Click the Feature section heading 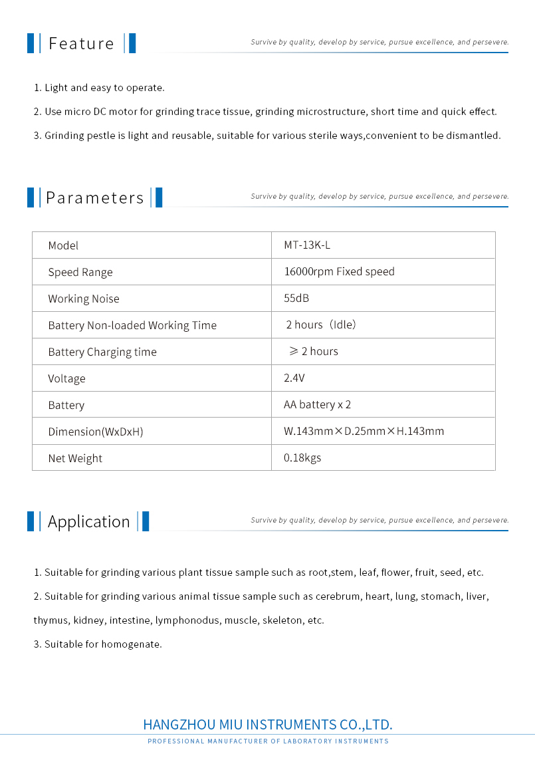coord(81,44)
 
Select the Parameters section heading coord(94,198)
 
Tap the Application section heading coord(88,522)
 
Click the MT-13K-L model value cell coord(307,245)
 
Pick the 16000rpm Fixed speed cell coord(339,271)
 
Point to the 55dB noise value coord(296,299)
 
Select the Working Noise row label coord(84,299)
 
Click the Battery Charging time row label coord(102,352)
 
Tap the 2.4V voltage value coord(294,378)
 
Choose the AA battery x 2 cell coord(317,405)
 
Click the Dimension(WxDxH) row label coord(96,432)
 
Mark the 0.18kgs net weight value coord(302,458)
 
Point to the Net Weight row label coord(75,458)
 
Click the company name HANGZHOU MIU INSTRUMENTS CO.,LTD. coord(268,724)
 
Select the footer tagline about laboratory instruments coord(268,741)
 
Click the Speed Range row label coord(80,272)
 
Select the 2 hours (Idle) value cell coord(321,325)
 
